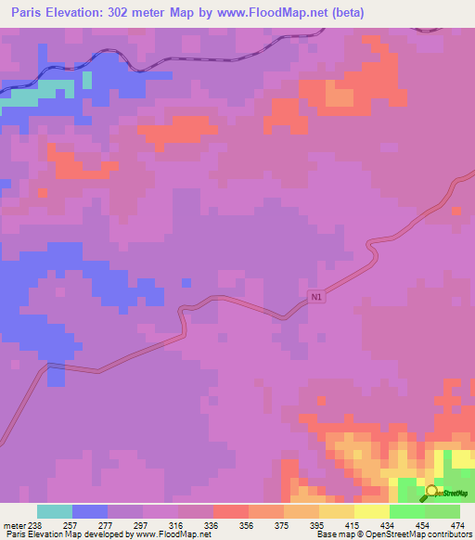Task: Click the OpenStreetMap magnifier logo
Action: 432,492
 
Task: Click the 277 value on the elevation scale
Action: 91,525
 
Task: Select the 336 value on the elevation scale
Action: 196,525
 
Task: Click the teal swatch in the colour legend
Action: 55,511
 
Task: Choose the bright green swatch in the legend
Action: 407,511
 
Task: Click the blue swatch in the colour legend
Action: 90,511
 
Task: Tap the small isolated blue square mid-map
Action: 186,282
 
